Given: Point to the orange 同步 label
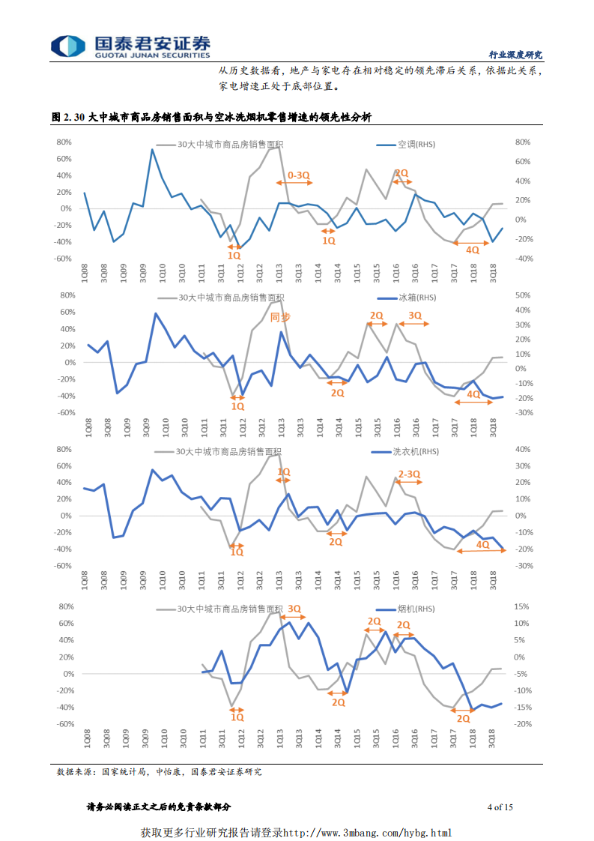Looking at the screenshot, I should pyautogui.click(x=279, y=317).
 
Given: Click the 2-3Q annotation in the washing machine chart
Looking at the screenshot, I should pyautogui.click(x=409, y=474).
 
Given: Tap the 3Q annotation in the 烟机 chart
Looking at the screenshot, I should pyautogui.click(x=294, y=609).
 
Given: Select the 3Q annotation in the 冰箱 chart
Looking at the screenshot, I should pyautogui.click(x=415, y=316).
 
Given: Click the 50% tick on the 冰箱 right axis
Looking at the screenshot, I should pyautogui.click(x=523, y=296).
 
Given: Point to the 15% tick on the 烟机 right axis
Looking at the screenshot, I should pyautogui.click(x=523, y=607).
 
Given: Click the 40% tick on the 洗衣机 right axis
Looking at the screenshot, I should pyautogui.click(x=523, y=450).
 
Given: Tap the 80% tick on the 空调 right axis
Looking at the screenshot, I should pyautogui.click(x=523, y=142).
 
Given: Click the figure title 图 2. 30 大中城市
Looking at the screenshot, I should pyautogui.click(x=211, y=118).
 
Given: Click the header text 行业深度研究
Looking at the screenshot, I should pyautogui.click(x=515, y=55).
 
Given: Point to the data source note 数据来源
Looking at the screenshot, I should pyautogui.click(x=159, y=771).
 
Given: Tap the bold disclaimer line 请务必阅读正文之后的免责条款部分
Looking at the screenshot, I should pyautogui.click(x=159, y=807).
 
